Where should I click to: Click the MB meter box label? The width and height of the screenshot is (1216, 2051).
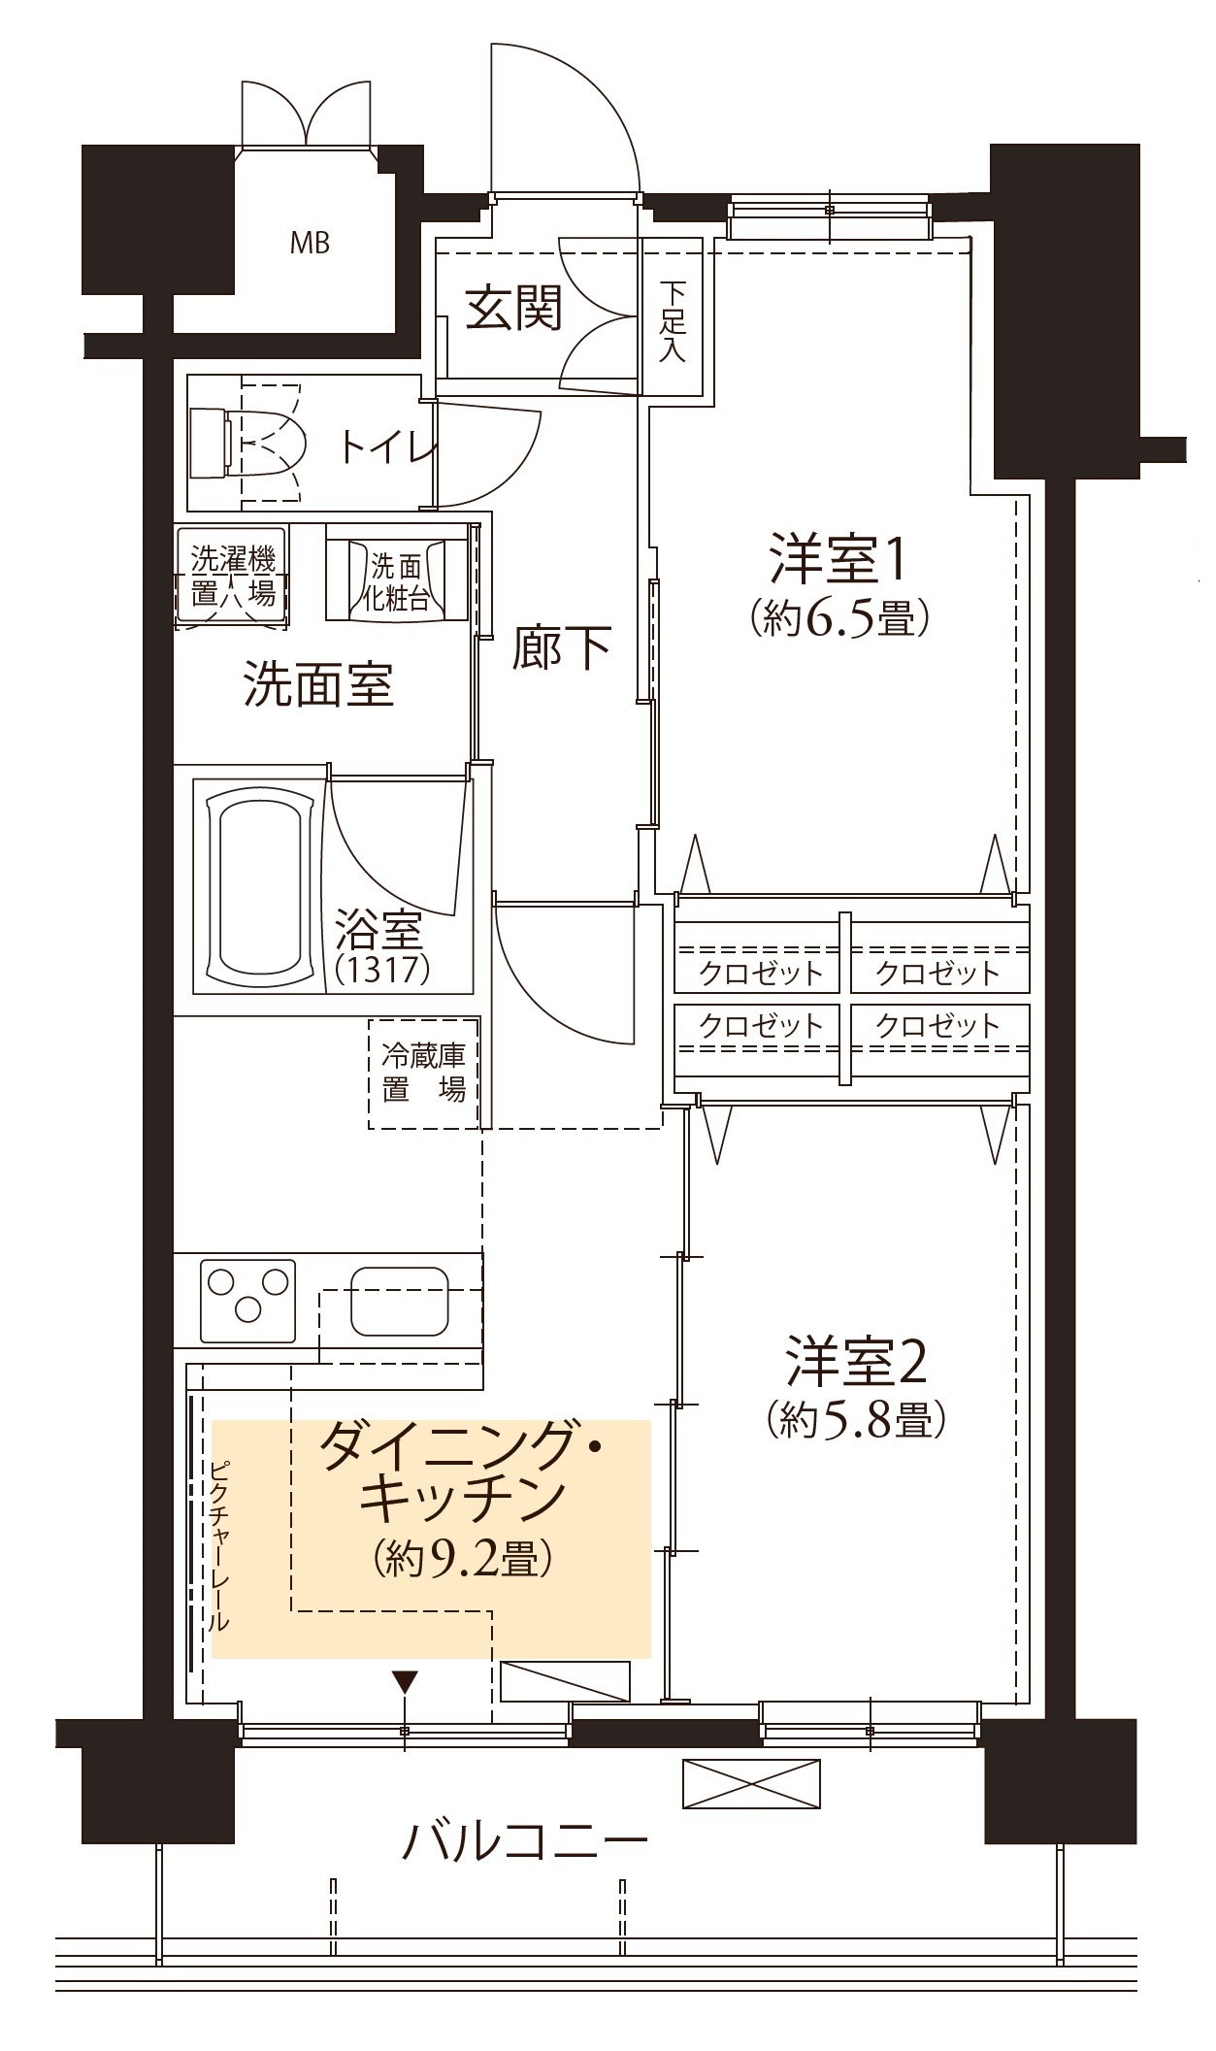click(x=310, y=242)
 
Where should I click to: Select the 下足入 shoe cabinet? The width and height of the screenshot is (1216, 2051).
click(x=672, y=315)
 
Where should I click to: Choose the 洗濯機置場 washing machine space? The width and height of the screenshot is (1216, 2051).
click(x=232, y=577)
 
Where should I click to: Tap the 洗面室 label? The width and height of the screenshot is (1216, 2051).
click(x=318, y=683)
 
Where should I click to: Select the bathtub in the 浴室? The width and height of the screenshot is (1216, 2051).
click(x=257, y=884)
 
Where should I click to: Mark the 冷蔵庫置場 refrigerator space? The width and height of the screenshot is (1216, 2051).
click(x=424, y=1073)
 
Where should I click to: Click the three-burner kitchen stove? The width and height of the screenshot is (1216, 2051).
click(x=247, y=1301)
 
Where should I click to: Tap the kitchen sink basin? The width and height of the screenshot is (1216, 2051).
click(x=400, y=1301)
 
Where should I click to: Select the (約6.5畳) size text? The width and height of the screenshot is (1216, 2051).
click(x=840, y=617)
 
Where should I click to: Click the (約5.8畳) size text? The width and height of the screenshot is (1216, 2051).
click(x=855, y=1421)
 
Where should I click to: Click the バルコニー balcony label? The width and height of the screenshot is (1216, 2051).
click(x=525, y=1838)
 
